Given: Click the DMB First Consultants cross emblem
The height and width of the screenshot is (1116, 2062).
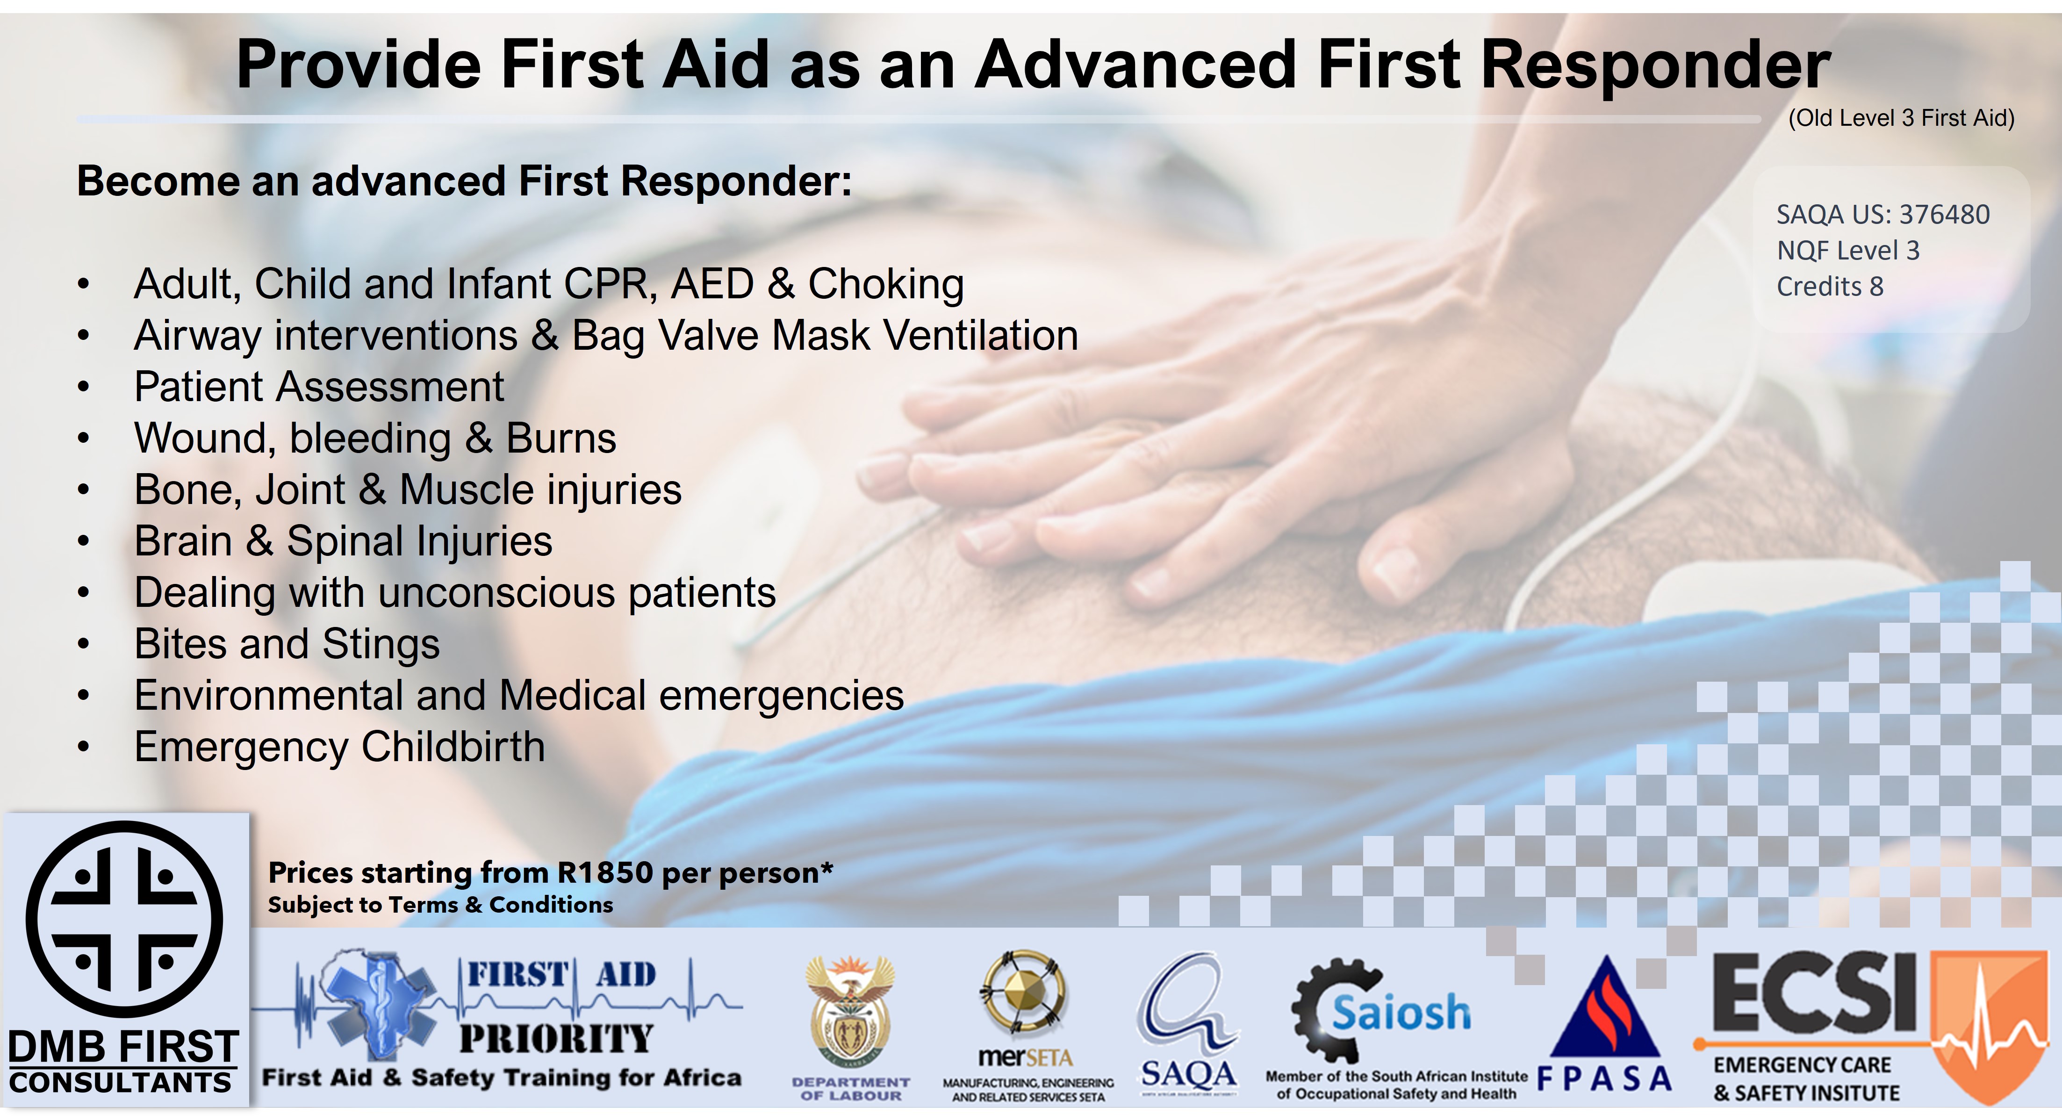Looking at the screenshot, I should (x=124, y=919).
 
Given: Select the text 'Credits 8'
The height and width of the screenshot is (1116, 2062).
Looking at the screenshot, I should (x=1830, y=287).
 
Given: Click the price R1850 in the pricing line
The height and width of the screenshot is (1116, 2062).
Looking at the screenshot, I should (x=604, y=872).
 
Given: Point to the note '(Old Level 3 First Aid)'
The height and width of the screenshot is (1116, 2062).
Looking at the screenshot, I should (x=1901, y=118).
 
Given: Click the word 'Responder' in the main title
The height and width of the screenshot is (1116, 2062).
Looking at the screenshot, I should (x=1655, y=65).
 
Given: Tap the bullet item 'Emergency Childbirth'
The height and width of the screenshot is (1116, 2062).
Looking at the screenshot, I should (x=339, y=747).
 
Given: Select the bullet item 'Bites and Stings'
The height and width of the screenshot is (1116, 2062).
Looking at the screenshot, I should (x=287, y=644).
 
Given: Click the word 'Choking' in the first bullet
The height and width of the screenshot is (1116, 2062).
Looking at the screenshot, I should (x=885, y=284).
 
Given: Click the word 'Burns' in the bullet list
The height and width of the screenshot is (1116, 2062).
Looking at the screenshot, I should (x=560, y=439).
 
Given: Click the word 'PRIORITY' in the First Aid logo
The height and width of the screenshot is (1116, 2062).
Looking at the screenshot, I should (x=556, y=1038).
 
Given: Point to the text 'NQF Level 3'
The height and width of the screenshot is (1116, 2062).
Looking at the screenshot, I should (x=1847, y=251).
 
